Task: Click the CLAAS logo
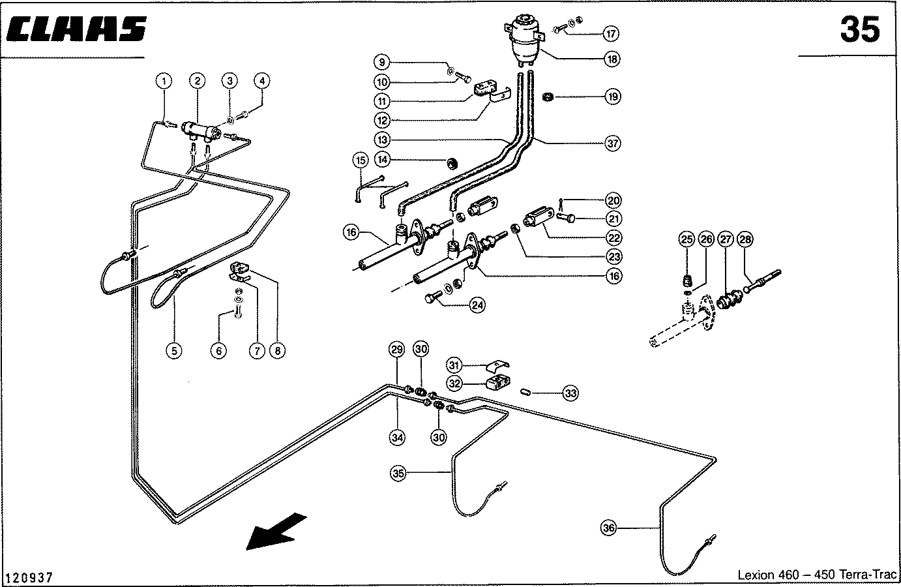coord(77,30)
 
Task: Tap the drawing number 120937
coord(29,578)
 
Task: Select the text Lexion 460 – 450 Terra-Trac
coord(817,575)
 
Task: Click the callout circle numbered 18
coord(612,59)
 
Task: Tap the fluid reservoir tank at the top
coord(526,40)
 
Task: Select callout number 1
coord(164,81)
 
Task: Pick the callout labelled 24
coord(478,305)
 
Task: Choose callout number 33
coord(570,393)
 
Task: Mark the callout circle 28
coord(745,239)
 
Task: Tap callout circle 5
coord(173,350)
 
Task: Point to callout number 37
coord(612,143)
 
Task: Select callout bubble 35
coord(399,474)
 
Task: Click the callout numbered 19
coord(612,97)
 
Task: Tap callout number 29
coord(397,350)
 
